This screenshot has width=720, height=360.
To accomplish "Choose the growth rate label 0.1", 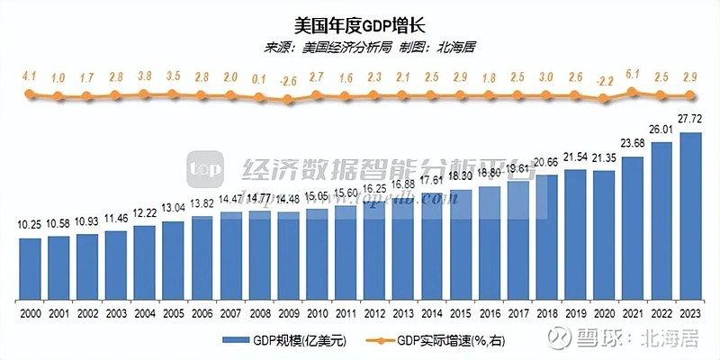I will click(x=260, y=78).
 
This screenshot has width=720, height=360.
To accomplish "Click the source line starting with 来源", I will click(x=360, y=47).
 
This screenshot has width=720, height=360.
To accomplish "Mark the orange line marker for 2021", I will click(x=634, y=91).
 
